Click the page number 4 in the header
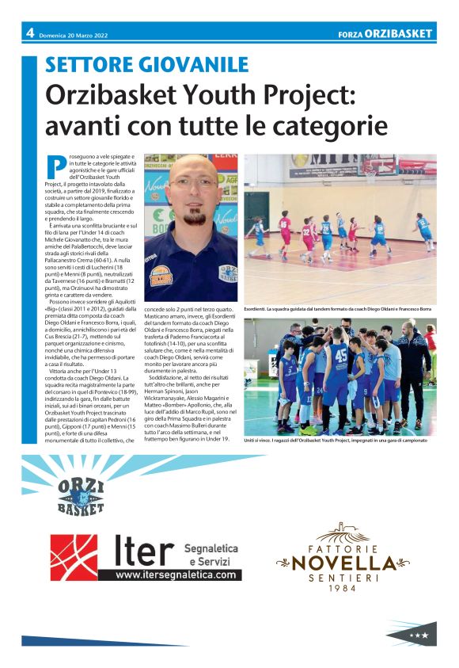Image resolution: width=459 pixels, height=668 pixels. (29, 33)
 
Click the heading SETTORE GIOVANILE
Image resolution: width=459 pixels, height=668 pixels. (146, 65)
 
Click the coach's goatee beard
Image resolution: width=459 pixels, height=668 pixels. (195, 215)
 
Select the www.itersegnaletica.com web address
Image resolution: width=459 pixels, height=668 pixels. (177, 574)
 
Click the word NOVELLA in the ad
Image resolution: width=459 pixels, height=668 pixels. (343, 563)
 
